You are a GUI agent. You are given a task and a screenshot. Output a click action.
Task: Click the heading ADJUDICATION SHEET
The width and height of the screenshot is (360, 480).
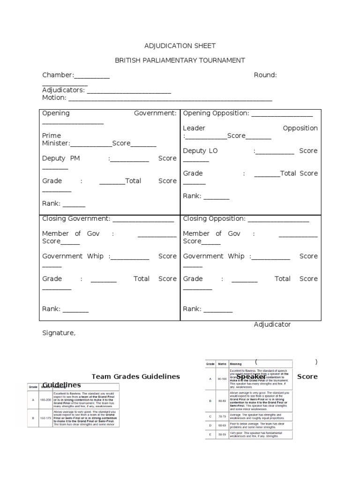coord(180,45)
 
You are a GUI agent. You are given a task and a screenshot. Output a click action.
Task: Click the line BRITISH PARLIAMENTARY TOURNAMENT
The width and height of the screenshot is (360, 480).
coord(180,60)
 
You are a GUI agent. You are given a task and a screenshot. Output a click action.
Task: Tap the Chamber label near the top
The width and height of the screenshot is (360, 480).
coord(58,75)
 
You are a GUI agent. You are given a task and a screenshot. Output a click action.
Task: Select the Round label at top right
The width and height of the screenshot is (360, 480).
coord(265,75)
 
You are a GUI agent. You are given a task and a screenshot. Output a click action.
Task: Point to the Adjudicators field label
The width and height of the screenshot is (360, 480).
coord(63,90)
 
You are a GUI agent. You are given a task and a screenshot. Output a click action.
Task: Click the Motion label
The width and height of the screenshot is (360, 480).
coord(54,98)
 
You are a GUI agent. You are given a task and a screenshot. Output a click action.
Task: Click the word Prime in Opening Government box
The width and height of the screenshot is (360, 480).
coord(52,135)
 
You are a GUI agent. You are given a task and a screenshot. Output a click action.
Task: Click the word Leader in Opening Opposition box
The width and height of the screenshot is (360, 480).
coord(194,128)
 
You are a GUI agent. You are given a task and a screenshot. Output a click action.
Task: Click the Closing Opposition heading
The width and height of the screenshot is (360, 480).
coord(214,218)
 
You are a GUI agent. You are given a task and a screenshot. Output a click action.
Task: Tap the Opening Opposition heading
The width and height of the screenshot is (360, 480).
coord(216,113)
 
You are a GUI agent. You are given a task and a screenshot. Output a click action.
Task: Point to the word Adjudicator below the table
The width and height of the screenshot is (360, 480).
coord(272,324)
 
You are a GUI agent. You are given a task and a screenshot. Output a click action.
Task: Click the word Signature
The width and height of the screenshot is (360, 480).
coord(59,333)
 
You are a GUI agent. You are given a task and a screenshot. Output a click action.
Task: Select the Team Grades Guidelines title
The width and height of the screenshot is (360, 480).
coord(135,376)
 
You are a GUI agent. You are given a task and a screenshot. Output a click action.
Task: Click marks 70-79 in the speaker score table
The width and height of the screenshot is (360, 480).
coord(222,416)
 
